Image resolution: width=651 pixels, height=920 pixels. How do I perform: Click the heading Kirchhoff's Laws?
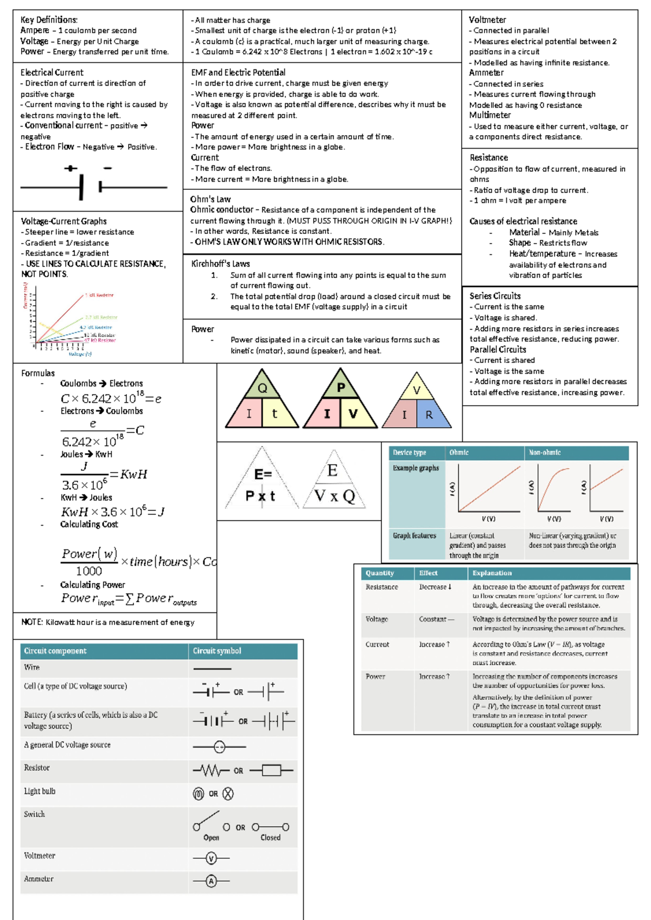coord(220,264)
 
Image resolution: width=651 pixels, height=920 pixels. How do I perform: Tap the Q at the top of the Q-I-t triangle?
coord(263,388)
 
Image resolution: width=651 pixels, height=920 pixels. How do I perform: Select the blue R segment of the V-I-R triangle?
coord(429,415)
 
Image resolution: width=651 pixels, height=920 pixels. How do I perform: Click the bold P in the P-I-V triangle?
coord(341,387)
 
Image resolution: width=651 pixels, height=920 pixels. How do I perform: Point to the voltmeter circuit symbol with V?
coord(211,858)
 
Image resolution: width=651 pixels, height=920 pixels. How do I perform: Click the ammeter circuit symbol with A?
coord(211,881)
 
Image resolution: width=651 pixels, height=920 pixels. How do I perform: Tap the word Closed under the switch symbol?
coord(270,838)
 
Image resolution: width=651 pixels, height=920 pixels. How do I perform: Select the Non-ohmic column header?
coord(545,452)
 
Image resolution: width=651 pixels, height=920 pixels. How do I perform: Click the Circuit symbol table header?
coord(217,651)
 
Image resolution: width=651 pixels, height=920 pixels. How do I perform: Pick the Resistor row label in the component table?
coord(37,768)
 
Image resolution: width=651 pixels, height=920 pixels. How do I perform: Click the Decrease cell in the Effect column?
coord(435,587)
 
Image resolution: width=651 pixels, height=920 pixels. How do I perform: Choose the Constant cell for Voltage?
coord(436,619)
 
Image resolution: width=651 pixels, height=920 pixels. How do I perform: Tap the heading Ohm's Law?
coord(210,199)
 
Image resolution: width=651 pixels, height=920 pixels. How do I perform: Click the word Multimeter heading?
coord(490,115)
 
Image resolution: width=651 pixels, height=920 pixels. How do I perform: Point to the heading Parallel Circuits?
coord(497,349)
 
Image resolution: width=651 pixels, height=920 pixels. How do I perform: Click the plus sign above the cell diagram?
coord(71,168)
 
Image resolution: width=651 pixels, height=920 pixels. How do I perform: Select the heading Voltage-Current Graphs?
coord(63,221)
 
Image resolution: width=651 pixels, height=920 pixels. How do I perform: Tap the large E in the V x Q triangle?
coord(333,470)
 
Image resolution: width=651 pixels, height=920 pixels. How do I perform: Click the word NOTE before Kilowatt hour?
coord(31,622)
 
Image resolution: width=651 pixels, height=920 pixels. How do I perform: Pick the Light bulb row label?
coord(40,791)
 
